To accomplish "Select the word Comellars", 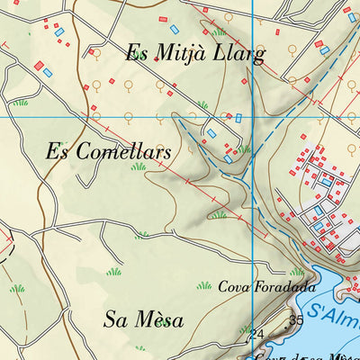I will coord(121,152).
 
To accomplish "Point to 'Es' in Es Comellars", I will coord(57,152).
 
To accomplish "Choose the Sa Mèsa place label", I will coord(144,319).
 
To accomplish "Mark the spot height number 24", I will coord(256,334).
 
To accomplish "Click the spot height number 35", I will coord(296,320).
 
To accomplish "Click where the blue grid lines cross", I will coord(253,117).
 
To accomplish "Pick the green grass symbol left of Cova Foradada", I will coord(203,286).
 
